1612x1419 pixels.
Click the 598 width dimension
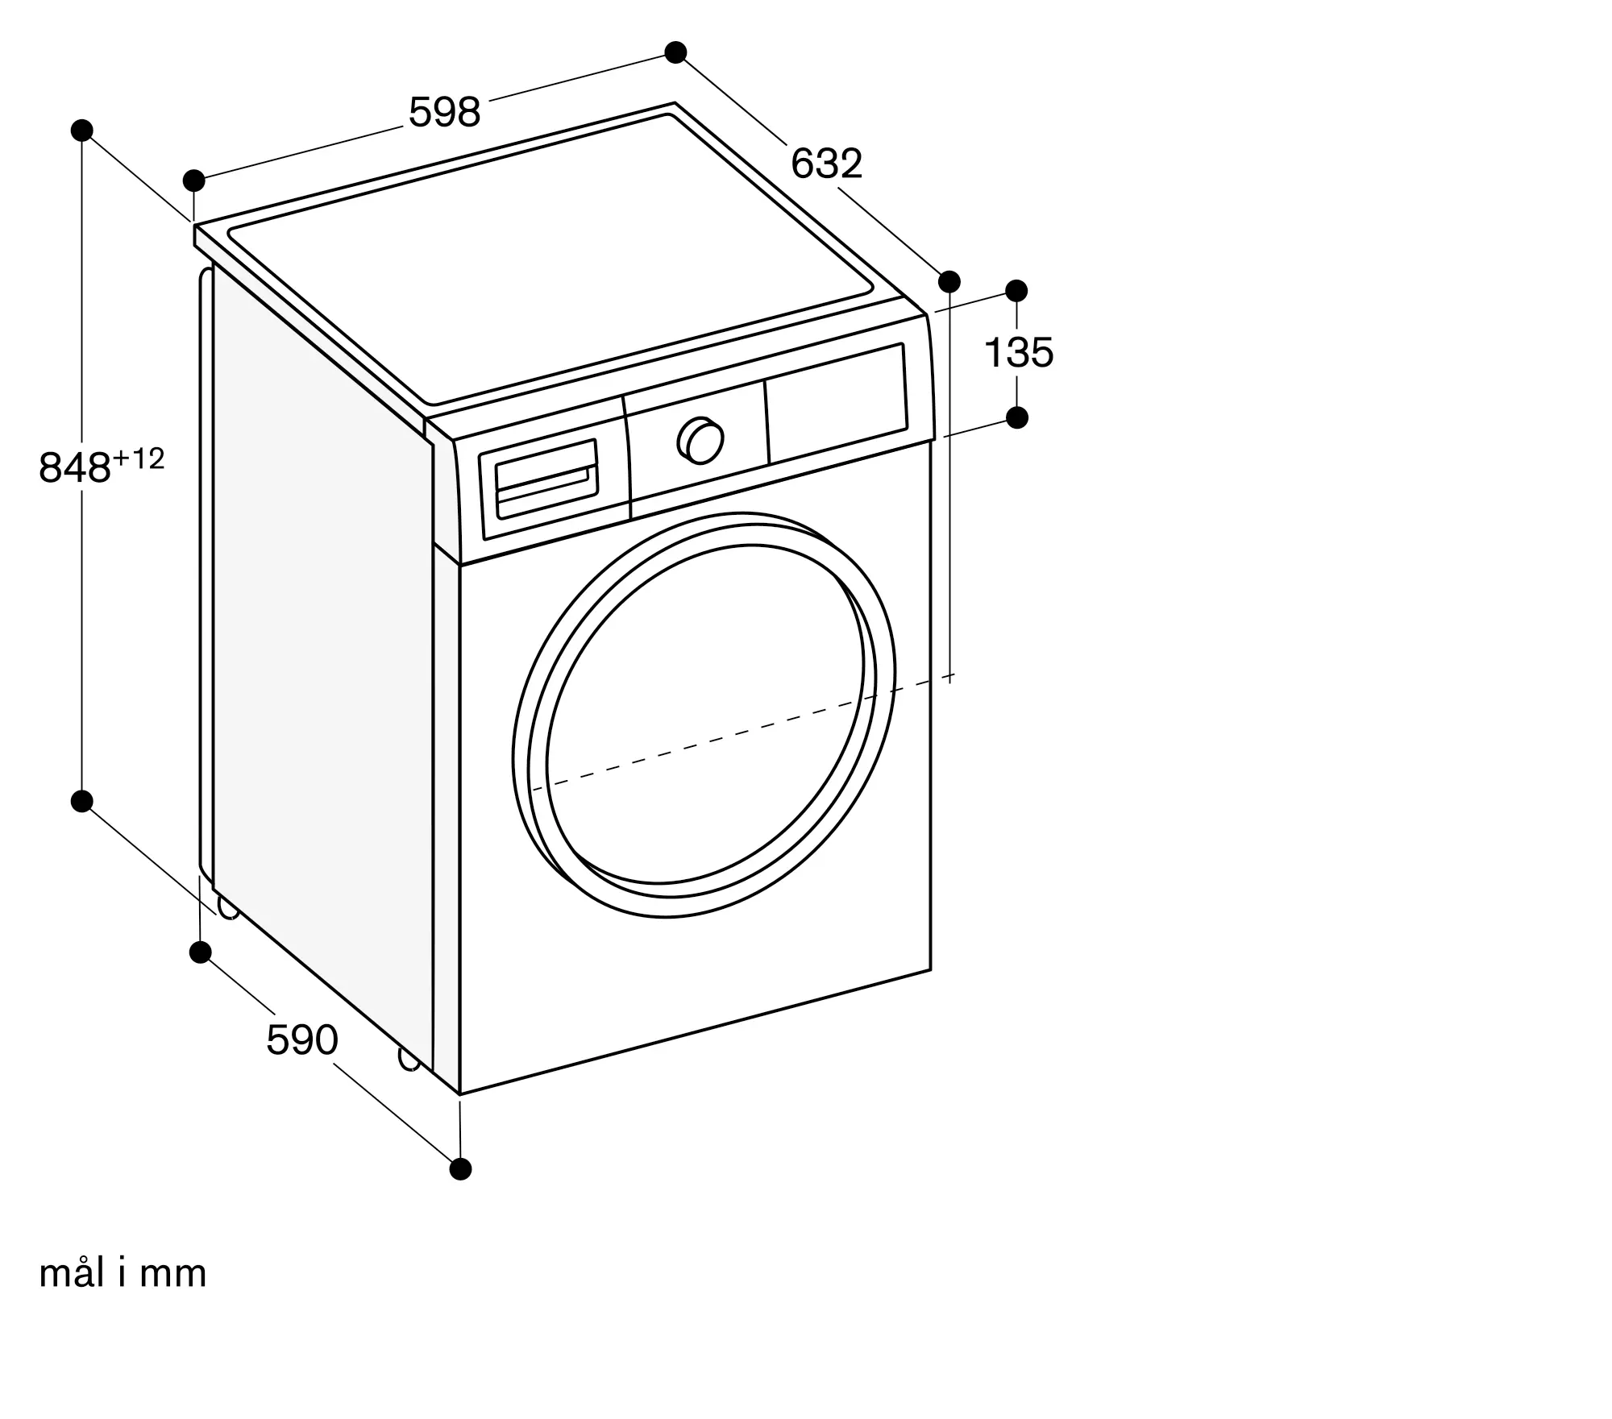[x=444, y=112]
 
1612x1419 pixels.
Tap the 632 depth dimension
[x=826, y=164]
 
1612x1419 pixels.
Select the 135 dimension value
[x=1019, y=353]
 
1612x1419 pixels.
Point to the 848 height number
[x=74, y=467]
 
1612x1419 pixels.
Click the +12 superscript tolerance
[x=139, y=458]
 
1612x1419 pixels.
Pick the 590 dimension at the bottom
[x=302, y=1040]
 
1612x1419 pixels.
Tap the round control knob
[x=701, y=441]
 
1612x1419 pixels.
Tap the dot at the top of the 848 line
[x=82, y=131]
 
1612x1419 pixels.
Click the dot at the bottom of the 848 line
[x=82, y=801]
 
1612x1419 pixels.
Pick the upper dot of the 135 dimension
[x=1017, y=290]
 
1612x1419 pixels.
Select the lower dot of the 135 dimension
[x=1017, y=417]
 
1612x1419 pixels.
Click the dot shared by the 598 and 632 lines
[x=675, y=52]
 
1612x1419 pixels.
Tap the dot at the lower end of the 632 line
[x=949, y=281]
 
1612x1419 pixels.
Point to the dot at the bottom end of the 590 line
[x=460, y=1168]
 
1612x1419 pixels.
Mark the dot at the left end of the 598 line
[x=193, y=180]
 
